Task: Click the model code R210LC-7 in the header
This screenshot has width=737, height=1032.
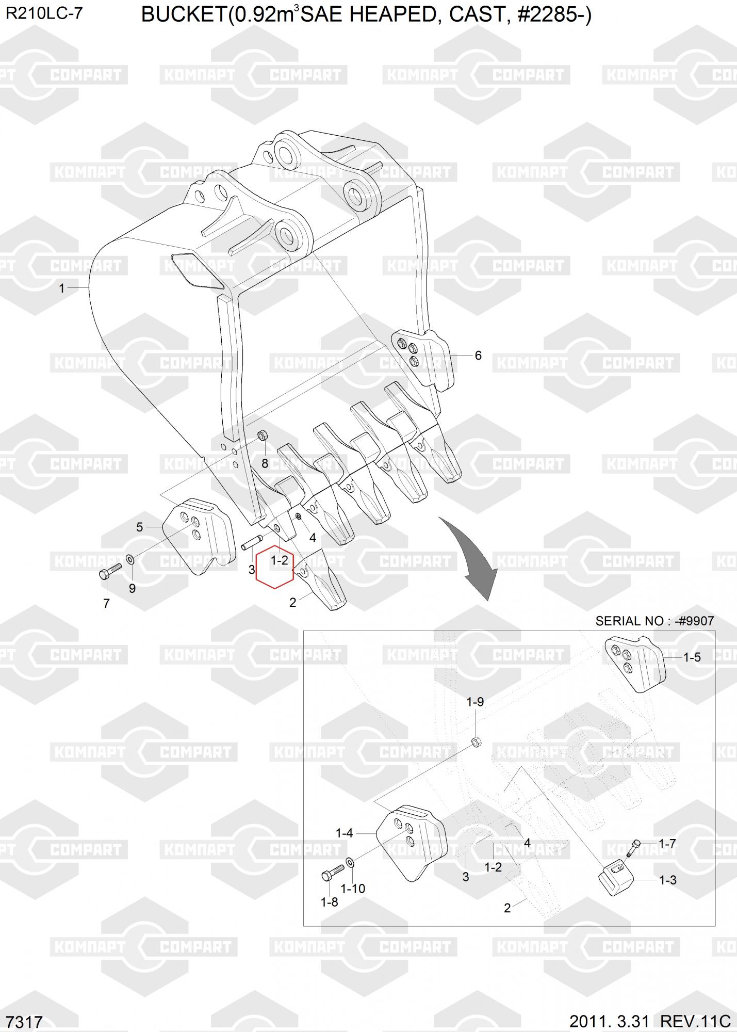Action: tap(44, 14)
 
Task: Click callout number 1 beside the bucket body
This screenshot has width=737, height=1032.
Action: tap(62, 288)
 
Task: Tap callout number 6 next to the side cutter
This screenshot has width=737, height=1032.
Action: tap(478, 356)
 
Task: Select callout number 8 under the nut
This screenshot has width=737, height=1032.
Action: tap(265, 463)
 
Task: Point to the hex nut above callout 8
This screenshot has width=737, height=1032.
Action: tap(261, 436)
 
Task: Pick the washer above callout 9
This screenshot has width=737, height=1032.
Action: tap(130, 558)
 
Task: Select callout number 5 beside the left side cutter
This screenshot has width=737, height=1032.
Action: tap(140, 527)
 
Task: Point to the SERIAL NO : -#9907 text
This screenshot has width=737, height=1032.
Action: tap(654, 621)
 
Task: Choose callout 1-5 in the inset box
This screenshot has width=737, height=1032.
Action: tap(692, 657)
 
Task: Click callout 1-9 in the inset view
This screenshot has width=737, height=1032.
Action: tap(475, 702)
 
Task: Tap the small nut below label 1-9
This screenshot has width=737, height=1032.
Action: tap(476, 743)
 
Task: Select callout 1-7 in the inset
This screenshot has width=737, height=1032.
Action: tap(667, 844)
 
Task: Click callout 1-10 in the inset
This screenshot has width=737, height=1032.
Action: tap(353, 889)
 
